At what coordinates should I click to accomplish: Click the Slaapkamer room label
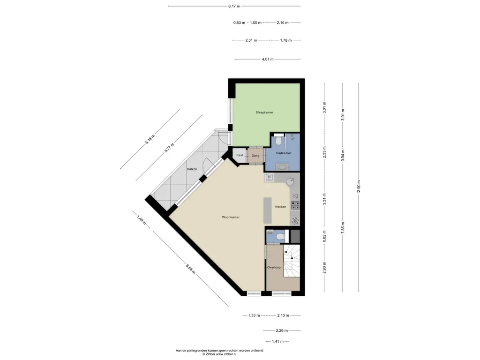tap(264, 112)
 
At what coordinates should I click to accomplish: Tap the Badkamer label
tap(284, 153)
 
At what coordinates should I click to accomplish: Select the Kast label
tap(240, 155)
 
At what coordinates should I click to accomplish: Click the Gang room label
tap(255, 156)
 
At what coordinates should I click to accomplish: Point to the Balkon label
tap(192, 169)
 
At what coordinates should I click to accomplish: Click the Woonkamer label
tap(231, 217)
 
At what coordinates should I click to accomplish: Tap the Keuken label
tap(280, 207)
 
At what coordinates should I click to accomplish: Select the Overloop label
tap(274, 267)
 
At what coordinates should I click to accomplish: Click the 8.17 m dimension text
tap(234, 6)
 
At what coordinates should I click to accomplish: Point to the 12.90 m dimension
tap(359, 187)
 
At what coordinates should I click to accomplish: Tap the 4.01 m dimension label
tap(268, 60)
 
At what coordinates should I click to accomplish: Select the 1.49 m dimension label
tap(142, 220)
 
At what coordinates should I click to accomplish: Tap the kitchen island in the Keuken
tap(268, 210)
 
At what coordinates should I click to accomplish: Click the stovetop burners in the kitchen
tap(295, 205)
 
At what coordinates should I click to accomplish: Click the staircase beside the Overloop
tap(292, 260)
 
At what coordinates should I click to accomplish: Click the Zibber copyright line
tap(219, 354)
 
